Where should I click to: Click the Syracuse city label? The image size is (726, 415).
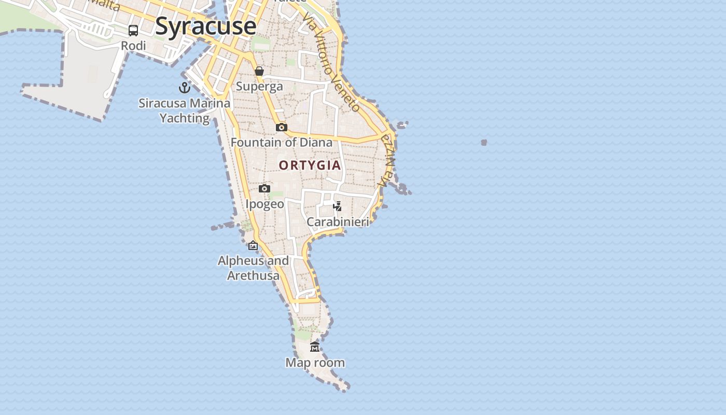click(x=205, y=26)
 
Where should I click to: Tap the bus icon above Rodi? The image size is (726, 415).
click(x=133, y=31)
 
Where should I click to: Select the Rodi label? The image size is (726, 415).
click(x=133, y=46)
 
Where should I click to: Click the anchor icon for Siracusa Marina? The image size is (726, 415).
click(x=185, y=87)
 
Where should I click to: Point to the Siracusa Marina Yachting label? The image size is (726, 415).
click(x=185, y=110)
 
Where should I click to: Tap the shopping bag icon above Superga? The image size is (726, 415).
click(x=259, y=71)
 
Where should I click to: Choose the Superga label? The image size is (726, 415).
click(x=259, y=86)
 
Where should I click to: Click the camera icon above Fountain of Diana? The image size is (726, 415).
click(x=282, y=127)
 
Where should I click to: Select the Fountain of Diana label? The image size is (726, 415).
click(x=282, y=142)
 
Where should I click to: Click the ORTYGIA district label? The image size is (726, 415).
click(x=310, y=165)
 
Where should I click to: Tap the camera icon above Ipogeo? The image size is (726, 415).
click(x=264, y=188)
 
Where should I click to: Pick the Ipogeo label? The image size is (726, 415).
click(x=264, y=204)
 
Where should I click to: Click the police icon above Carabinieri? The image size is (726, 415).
click(x=338, y=206)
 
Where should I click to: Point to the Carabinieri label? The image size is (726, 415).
click(x=338, y=222)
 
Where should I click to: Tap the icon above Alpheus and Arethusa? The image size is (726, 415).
click(x=253, y=245)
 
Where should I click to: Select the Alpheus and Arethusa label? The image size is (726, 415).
click(x=253, y=268)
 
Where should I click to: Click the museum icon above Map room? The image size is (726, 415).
click(x=315, y=347)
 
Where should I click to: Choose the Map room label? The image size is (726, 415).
click(x=315, y=363)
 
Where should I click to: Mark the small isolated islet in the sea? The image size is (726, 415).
click(x=484, y=142)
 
